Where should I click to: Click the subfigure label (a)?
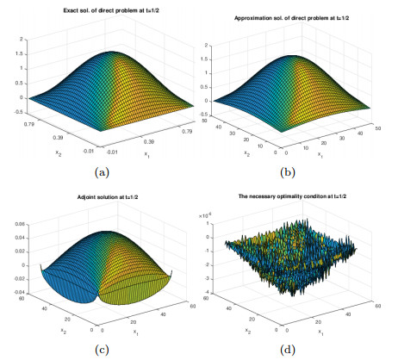(x=103, y=172)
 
